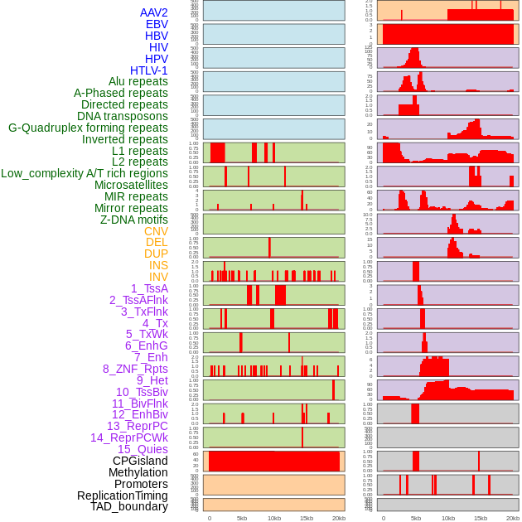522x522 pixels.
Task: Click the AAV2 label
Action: pyautogui.click(x=153, y=12)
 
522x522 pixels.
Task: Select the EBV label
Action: pyautogui.click(x=157, y=24)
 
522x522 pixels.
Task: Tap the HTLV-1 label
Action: pyautogui.click(x=148, y=70)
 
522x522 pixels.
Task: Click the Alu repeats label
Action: pyautogui.click(x=138, y=81)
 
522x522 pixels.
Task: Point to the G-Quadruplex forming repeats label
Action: pyautogui.click(x=88, y=128)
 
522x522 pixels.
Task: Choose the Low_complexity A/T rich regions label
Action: pyautogui.click(x=85, y=173)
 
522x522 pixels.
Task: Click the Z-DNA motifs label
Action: pyautogui.click(x=133, y=220)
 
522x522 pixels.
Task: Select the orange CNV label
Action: pyautogui.click(x=156, y=231)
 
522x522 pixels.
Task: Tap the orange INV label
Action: pyautogui.click(x=158, y=277)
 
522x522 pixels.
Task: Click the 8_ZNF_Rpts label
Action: pyautogui.click(x=135, y=369)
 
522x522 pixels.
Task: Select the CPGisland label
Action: pyautogui.click(x=140, y=461)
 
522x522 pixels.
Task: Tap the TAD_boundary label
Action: pyautogui.click(x=129, y=506)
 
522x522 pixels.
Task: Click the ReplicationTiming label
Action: pyautogui.click(x=122, y=495)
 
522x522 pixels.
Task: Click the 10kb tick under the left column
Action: pyautogui.click(x=273, y=518)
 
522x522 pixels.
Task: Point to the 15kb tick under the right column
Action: pyautogui.click(x=481, y=518)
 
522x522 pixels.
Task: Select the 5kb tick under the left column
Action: pyautogui.click(x=242, y=518)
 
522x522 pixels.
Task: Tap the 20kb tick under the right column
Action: pyautogui.click(x=513, y=518)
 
